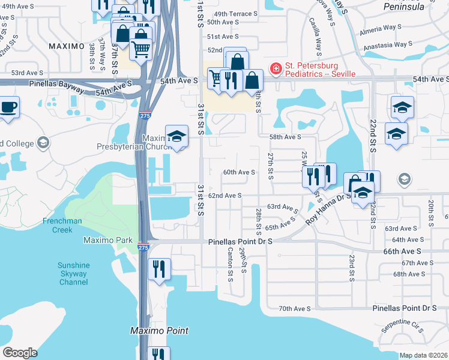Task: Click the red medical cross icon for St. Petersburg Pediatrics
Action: coord(276,69)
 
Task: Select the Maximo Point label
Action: coord(160,331)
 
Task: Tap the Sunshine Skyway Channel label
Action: coord(73,274)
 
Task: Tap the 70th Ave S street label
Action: coord(294,308)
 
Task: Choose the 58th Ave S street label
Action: coord(285,137)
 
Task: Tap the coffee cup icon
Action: coord(8,108)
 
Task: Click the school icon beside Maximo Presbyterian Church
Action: coord(176,137)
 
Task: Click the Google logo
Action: coord(20,353)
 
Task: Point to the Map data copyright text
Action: coord(423,355)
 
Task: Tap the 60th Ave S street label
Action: coord(239,172)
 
